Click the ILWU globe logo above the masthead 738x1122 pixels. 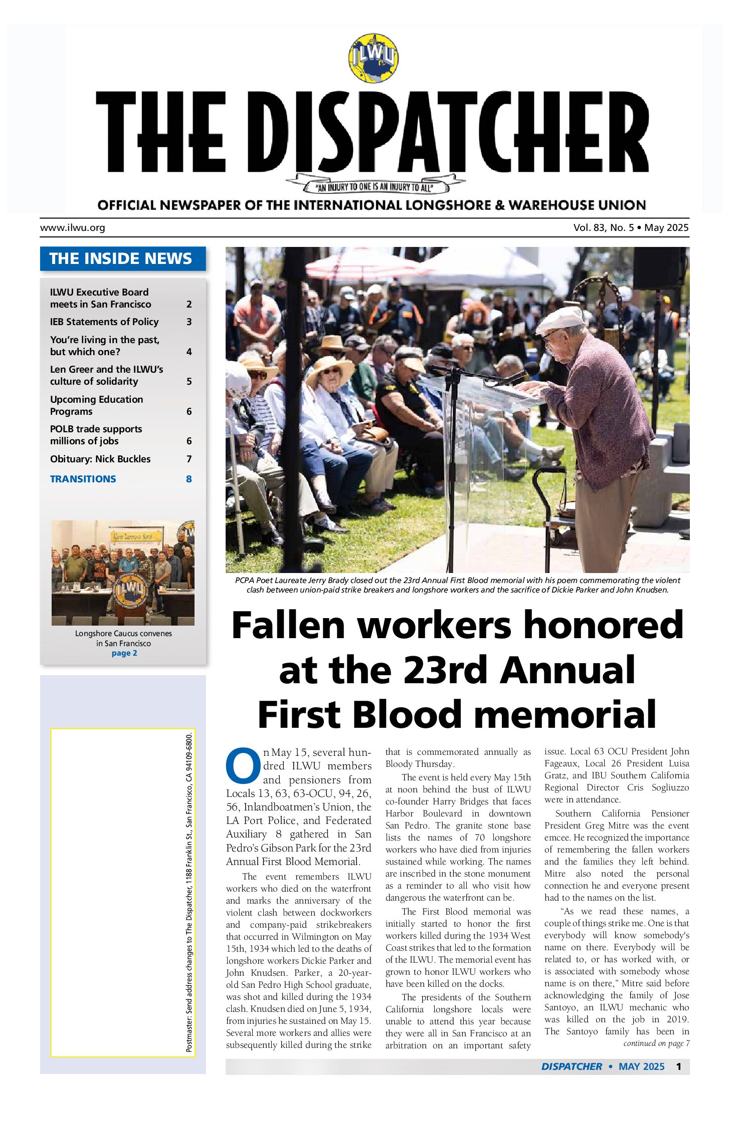click(x=373, y=58)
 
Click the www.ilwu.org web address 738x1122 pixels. click(x=73, y=228)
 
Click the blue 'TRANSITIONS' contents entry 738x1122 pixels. click(x=83, y=479)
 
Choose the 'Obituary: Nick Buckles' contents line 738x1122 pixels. click(x=100, y=459)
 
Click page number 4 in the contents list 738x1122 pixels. click(x=189, y=352)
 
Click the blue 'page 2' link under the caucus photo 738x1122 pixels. click(x=124, y=653)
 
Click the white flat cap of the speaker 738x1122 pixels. click(x=561, y=319)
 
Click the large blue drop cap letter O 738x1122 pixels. click(x=243, y=766)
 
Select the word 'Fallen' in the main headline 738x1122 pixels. click(x=289, y=626)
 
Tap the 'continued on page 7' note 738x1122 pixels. click(x=656, y=1043)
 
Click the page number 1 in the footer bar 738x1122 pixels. click(x=678, y=1066)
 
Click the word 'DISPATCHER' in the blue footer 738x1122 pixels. click(x=572, y=1066)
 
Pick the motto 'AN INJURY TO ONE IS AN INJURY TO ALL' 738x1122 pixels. click(x=374, y=188)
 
